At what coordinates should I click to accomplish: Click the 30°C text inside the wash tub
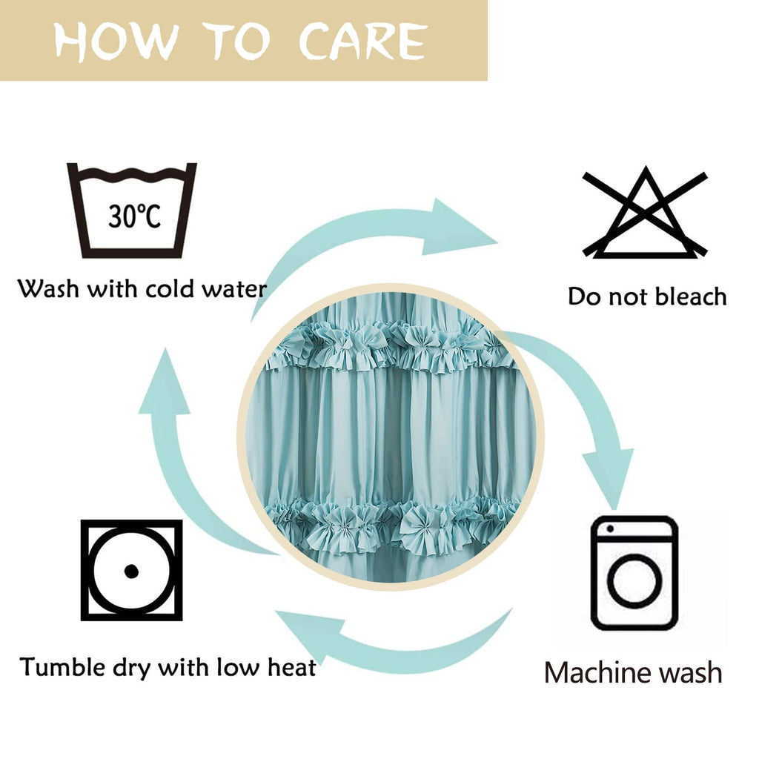click(x=134, y=216)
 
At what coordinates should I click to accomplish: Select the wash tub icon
click(x=132, y=210)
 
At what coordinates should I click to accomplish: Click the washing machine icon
click(x=634, y=573)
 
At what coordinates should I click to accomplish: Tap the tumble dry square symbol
click(x=132, y=570)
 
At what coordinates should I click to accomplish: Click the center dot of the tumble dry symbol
click(x=131, y=571)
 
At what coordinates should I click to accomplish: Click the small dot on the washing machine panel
click(x=610, y=528)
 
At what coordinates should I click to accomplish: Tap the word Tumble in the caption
click(x=62, y=667)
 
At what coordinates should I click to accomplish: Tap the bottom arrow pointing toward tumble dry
click(x=392, y=646)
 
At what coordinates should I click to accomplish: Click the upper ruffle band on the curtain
click(x=387, y=346)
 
